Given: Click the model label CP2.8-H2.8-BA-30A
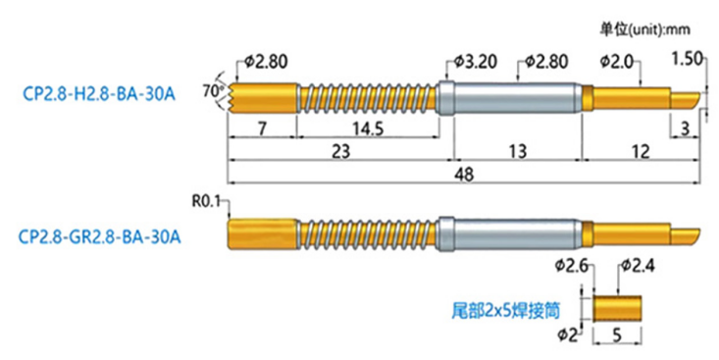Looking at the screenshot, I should point(98,96).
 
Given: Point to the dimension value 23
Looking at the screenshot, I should point(335,152).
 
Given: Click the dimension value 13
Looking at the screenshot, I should point(514,152).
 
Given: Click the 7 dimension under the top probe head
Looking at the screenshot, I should point(262,129).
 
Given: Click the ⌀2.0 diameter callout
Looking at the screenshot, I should point(614,62).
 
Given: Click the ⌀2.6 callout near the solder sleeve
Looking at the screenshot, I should point(573,266).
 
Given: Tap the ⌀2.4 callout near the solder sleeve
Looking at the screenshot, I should point(640,266).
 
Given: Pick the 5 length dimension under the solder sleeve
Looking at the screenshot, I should point(616,336).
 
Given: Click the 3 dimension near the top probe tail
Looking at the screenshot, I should point(683,129).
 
